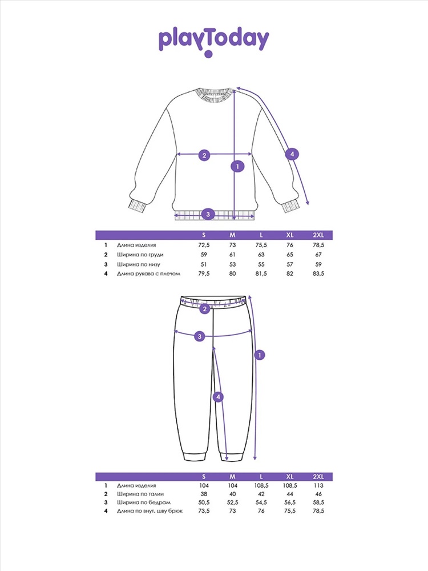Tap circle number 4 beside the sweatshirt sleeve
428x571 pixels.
click(x=292, y=154)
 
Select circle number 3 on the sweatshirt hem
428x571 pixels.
click(x=208, y=214)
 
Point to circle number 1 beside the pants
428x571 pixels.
click(x=260, y=355)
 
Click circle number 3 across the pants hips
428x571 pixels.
click(x=200, y=336)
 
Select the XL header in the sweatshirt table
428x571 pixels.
click(x=290, y=235)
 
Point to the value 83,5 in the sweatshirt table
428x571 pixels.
click(x=318, y=274)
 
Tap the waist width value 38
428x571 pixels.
click(x=204, y=494)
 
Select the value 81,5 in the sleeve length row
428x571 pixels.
click(x=261, y=274)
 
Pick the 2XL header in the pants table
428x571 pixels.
click(x=318, y=476)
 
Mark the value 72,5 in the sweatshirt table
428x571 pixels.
click(x=204, y=244)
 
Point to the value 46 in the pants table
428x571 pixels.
click(x=318, y=494)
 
